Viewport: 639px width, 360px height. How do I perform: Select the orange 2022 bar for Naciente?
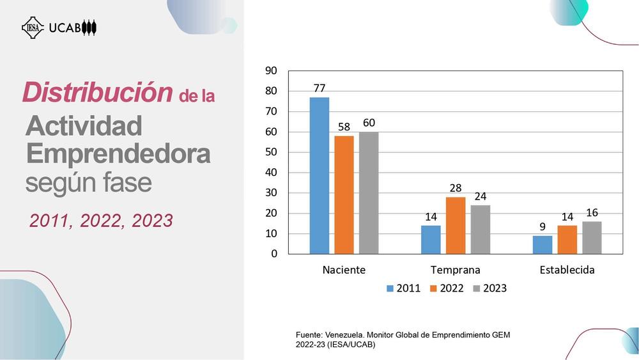[x=344, y=195]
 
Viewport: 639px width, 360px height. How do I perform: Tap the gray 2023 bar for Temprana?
[x=481, y=230]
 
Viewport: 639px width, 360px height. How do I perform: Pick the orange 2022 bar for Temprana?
[x=456, y=226]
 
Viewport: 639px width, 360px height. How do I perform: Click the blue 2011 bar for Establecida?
[x=543, y=245]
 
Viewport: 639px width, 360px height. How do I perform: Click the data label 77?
[x=319, y=88]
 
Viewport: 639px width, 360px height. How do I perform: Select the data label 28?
[x=456, y=187]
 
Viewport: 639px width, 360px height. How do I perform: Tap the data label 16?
[x=592, y=212]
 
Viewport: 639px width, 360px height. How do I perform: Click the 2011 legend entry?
[x=403, y=288]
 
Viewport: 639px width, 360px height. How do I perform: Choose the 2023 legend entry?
[x=489, y=288]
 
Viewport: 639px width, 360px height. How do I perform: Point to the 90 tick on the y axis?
[x=271, y=70]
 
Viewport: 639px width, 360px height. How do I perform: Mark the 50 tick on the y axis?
[x=271, y=152]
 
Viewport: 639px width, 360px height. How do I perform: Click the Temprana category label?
[x=455, y=270]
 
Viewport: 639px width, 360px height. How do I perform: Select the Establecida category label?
[x=567, y=270]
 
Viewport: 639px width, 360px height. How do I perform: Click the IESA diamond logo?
[x=33, y=27]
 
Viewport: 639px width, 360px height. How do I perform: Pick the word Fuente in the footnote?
[x=310, y=335]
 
